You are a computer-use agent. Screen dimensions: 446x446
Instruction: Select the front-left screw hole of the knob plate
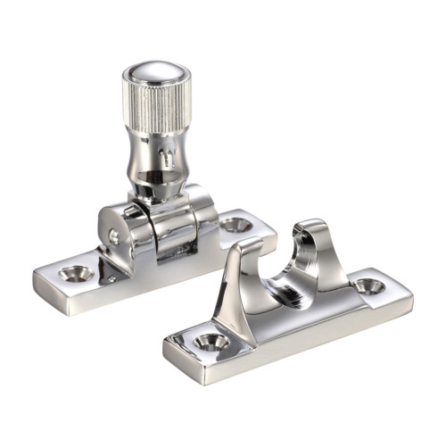pos(76,271)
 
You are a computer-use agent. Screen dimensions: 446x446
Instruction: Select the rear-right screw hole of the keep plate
pos(368,286)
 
